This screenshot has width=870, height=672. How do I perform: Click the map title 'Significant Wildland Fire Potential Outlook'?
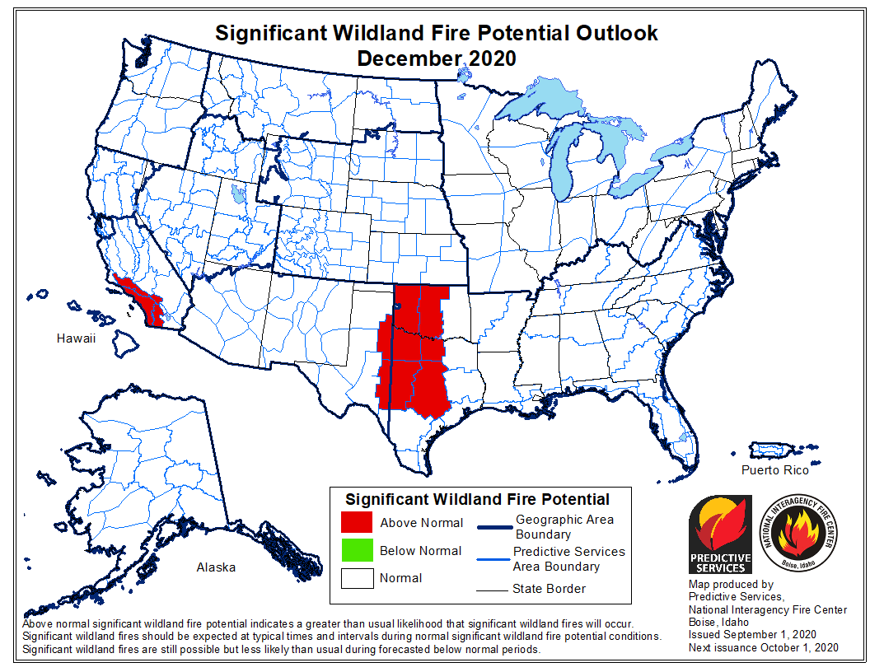tap(436, 34)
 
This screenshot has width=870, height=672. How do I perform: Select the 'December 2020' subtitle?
tap(436, 58)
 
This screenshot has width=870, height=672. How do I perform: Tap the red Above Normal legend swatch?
tap(357, 523)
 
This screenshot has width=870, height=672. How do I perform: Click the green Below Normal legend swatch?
tap(357, 550)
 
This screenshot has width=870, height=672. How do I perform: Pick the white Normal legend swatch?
tap(357, 578)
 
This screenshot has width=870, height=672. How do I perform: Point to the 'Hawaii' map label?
tap(77, 338)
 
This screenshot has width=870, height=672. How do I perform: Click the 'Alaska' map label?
tap(216, 567)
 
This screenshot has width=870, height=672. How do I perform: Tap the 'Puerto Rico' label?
tap(774, 470)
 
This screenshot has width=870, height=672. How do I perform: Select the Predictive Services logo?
tap(720, 534)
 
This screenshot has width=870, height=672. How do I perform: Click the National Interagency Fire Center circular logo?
tap(797, 534)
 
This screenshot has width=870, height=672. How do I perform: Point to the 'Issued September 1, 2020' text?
tap(752, 635)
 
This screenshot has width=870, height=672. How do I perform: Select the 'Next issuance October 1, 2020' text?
tap(764, 648)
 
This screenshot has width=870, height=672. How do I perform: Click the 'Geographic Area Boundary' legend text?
tap(564, 527)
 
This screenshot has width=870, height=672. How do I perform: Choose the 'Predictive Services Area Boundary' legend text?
tap(568, 558)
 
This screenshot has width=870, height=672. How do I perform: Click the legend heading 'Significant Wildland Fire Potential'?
tap(477, 499)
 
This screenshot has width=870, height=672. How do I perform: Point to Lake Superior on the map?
tap(544, 107)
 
